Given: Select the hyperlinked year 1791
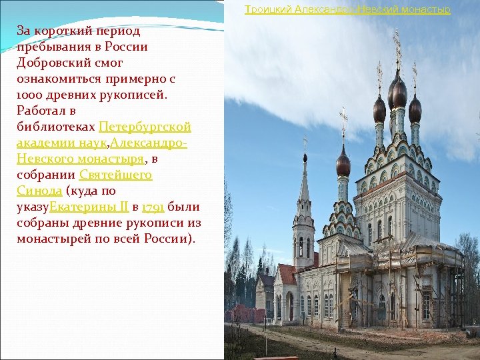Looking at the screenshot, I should coord(154,207).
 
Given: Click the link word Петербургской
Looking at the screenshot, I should coord(145,127).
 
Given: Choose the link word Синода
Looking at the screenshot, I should coord(39,191).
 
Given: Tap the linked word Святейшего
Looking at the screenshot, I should coord(115,175).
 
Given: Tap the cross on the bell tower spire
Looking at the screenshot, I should coord(305,143).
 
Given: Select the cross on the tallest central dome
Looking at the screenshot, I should coord(397,47).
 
